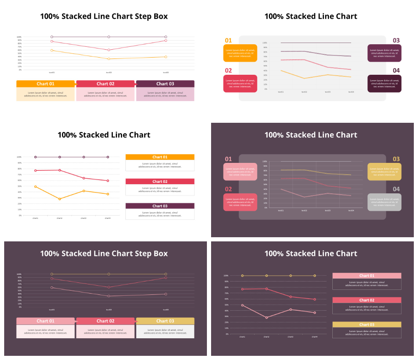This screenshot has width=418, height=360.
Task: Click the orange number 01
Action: [228, 41]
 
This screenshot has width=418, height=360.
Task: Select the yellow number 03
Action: [396, 159]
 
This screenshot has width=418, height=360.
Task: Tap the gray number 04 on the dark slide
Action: [396, 189]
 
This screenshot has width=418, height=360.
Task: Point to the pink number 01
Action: [228, 159]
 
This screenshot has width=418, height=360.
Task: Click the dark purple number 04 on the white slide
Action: [396, 71]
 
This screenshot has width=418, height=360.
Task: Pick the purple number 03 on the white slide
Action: [396, 41]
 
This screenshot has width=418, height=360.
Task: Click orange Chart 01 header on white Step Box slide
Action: [46, 84]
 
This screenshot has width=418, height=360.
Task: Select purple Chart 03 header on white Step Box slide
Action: [165, 84]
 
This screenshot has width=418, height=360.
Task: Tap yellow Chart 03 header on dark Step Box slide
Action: [165, 321]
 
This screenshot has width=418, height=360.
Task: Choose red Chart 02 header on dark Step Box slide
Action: [105, 321]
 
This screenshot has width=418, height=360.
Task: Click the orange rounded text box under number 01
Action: [240, 53]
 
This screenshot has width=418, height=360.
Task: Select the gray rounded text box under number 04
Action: [384, 202]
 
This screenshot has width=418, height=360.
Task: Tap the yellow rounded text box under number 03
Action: [384, 172]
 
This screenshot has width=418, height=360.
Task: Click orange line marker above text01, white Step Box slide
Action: [52, 51]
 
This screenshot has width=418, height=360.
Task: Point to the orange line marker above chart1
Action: [36, 187]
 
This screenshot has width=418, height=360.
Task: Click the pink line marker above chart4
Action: [315, 312]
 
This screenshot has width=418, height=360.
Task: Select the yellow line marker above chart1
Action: [242, 276]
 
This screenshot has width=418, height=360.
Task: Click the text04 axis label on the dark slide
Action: [351, 210]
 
